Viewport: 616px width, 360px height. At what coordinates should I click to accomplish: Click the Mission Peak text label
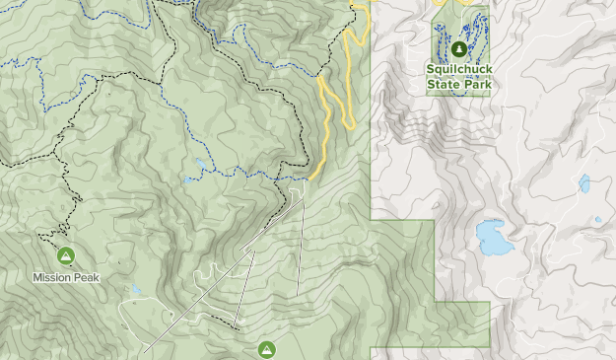[66, 277]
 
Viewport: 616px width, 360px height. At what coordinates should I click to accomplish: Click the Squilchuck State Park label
[458, 77]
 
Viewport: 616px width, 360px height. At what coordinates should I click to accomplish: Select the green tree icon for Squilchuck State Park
[458, 48]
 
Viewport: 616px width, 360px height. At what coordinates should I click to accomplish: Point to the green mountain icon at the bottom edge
[266, 349]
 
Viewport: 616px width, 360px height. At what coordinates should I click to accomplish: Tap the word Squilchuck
[458, 70]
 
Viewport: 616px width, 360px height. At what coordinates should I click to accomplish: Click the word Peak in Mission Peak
[85, 277]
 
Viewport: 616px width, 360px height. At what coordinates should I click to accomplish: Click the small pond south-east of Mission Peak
[136, 290]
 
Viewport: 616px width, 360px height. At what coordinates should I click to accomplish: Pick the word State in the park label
[444, 84]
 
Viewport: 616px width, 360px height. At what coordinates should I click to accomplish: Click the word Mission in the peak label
[50, 277]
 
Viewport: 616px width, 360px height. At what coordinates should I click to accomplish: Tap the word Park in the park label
[477, 84]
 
